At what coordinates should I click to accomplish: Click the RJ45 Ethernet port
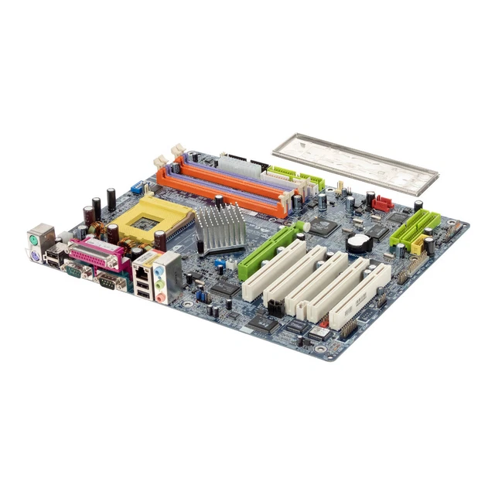click(142, 271)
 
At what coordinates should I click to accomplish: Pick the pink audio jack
click(161, 296)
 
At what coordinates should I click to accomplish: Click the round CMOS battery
click(357, 244)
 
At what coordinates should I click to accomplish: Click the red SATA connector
click(382, 204)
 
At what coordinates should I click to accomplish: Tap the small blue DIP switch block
click(137, 187)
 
